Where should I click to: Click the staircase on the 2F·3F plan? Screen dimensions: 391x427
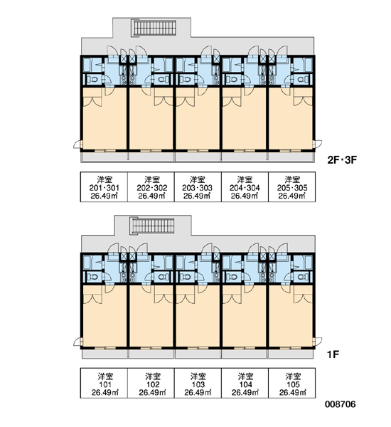154,28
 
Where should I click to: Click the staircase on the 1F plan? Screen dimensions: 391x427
152,226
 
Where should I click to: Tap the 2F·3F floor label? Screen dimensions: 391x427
342,160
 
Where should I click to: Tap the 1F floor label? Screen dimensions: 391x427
333,354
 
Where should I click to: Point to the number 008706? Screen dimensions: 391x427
340,404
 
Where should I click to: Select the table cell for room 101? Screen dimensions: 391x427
104,383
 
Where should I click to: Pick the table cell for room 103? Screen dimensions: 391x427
198,383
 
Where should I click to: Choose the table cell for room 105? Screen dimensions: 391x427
292,383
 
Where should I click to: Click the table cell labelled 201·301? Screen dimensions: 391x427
104,186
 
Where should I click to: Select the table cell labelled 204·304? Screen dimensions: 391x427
245,186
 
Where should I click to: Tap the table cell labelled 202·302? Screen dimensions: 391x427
151,186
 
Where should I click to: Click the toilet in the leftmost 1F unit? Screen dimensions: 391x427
93,277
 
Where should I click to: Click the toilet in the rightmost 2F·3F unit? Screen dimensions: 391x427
301,80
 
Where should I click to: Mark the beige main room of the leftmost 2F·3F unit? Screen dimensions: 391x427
105,118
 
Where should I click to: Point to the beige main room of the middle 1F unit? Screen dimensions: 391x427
198,316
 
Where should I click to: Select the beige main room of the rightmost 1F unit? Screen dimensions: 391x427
291,316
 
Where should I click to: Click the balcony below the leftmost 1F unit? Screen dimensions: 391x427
105,354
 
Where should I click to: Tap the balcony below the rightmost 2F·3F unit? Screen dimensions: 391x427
291,157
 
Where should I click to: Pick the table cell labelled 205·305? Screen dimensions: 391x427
292,186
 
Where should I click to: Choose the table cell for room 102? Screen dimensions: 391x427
151,383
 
